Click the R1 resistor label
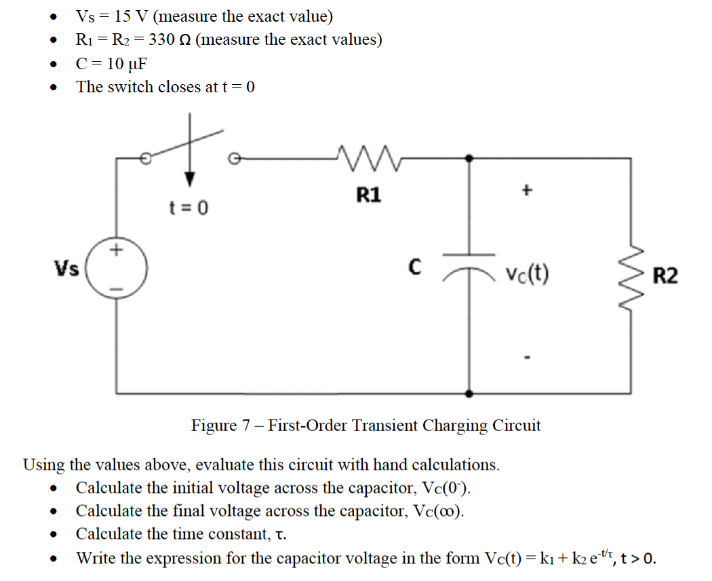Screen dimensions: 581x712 [x=368, y=195]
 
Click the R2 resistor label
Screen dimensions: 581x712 [x=665, y=276]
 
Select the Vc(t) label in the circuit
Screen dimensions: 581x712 [x=527, y=274]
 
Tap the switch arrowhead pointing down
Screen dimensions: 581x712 [x=191, y=179]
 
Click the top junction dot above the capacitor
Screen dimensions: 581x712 [x=469, y=158]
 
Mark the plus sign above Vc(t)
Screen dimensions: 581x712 [x=525, y=191]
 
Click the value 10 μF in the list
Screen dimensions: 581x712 [x=126, y=64]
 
